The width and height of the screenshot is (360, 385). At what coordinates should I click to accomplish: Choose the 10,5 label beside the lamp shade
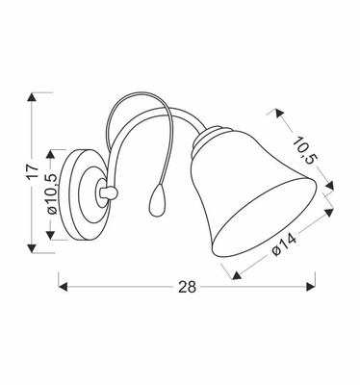[306, 153]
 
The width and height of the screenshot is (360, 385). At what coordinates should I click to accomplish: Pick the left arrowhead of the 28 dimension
[64, 283]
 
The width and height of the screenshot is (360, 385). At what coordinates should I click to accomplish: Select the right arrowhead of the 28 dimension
[311, 283]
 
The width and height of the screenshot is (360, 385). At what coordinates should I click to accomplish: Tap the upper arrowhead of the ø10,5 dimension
[63, 153]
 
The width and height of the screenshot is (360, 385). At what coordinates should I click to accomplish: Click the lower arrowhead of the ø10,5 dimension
[63, 238]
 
